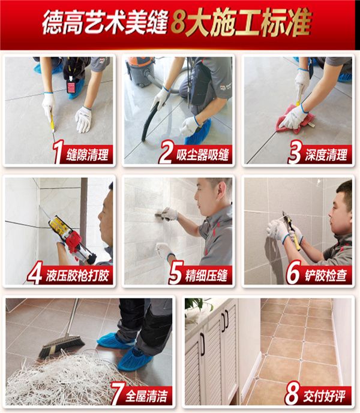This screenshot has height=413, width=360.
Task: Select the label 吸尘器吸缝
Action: [202, 155]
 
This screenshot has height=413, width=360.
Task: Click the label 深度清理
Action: [326, 155]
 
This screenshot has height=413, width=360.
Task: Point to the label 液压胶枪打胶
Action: [77, 276]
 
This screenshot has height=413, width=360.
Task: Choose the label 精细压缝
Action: [206, 276]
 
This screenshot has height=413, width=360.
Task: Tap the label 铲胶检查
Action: [326, 276]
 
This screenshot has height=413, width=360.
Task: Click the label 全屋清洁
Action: [146, 396]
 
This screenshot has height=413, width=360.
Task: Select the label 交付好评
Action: [324, 396]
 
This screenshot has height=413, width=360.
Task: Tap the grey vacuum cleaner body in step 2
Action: [139, 72]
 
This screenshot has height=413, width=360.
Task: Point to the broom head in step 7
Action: [62, 345]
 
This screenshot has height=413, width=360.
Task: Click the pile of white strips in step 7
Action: [66, 379]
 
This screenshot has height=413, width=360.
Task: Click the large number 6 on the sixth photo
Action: [293, 272]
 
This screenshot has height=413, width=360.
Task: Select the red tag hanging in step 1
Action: [71, 86]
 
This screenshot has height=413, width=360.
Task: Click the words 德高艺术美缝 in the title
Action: [105, 23]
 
